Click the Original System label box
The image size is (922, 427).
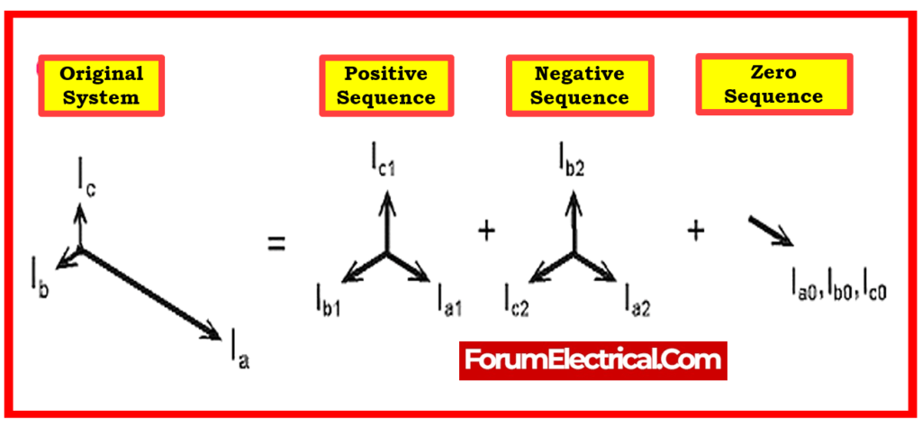pyautogui.click(x=101, y=85)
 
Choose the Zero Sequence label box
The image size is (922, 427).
pyautogui.click(x=773, y=83)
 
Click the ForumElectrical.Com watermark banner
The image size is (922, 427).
pyautogui.click(x=592, y=360)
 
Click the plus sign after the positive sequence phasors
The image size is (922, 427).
pyautogui.click(x=486, y=232)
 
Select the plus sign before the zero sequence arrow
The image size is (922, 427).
pyautogui.click(x=695, y=232)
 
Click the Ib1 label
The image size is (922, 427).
pyautogui.click(x=326, y=296)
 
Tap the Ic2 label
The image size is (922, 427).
pyautogui.click(x=516, y=296)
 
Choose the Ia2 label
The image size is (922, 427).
pyautogui.click(x=637, y=296)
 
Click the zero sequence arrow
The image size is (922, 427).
pyautogui.click(x=771, y=231)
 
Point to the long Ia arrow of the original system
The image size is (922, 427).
pyautogui.click(x=149, y=294)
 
